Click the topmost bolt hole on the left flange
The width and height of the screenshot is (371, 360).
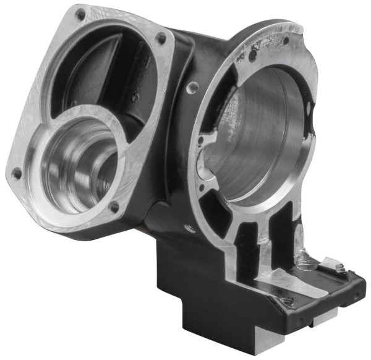click(79, 12)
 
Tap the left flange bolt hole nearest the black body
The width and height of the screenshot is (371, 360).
click(162, 38)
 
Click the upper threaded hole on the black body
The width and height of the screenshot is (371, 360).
click(194, 87)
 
